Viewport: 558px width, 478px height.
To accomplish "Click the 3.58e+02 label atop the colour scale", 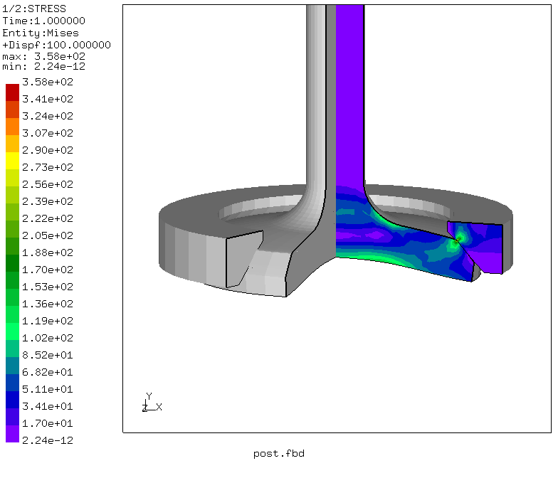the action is point(48,82).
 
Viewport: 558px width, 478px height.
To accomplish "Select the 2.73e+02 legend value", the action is point(48,167).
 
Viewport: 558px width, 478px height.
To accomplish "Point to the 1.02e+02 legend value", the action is point(48,338).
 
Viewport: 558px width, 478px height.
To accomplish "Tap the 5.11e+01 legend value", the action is point(48,389).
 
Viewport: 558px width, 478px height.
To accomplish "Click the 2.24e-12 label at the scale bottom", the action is point(48,440).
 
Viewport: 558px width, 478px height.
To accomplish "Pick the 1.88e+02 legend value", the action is point(48,253).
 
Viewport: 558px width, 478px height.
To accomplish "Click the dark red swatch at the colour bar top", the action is point(13,92).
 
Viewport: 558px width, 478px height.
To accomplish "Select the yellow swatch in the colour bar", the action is point(13,161).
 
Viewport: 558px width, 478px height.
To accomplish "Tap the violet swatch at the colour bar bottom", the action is point(13,434).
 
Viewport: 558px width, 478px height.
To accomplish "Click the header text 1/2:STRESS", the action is point(34,9).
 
